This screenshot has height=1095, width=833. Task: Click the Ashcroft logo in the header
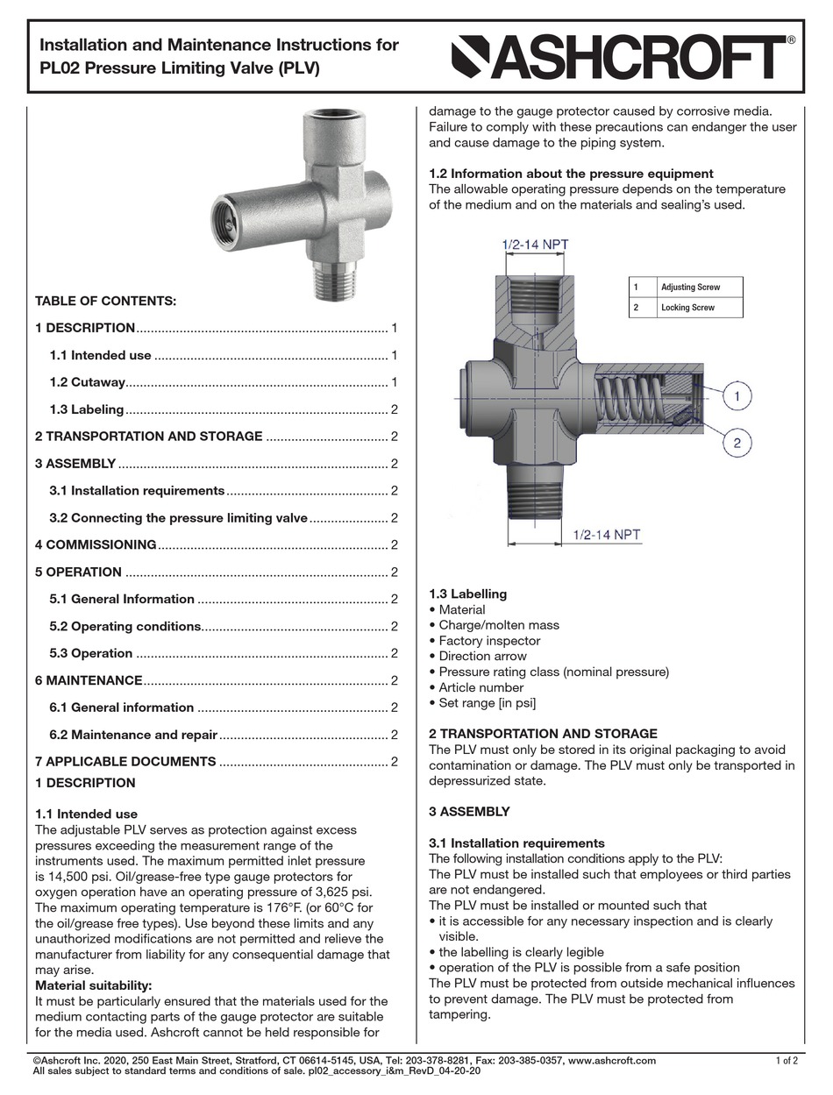click(x=623, y=58)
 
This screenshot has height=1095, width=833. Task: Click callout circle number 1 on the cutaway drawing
click(x=737, y=397)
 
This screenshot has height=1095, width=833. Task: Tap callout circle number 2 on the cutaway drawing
click(x=737, y=443)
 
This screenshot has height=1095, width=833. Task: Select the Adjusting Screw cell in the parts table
click(x=690, y=288)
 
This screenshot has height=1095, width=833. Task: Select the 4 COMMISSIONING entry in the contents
click(x=96, y=545)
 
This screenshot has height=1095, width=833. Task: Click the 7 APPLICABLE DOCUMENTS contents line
click(x=125, y=762)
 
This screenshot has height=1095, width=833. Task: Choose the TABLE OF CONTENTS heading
click(x=105, y=302)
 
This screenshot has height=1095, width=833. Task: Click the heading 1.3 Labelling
click(x=467, y=594)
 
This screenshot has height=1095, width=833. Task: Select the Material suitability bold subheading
click(x=93, y=985)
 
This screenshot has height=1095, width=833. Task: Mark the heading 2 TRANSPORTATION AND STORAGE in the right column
click(x=543, y=733)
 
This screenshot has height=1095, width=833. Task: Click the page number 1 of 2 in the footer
click(x=787, y=1061)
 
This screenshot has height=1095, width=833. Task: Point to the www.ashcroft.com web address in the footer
click(x=611, y=1061)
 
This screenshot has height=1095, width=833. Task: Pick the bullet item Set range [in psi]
click(x=487, y=703)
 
